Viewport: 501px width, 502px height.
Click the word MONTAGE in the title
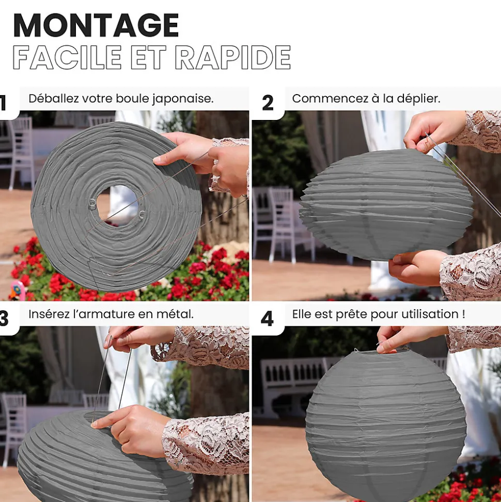click(96, 25)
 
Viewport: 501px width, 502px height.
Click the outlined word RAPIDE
click(233, 57)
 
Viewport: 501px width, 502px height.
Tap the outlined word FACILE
click(67, 57)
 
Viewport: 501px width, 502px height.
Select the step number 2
click(268, 103)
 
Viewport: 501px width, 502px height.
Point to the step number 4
click(267, 319)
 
